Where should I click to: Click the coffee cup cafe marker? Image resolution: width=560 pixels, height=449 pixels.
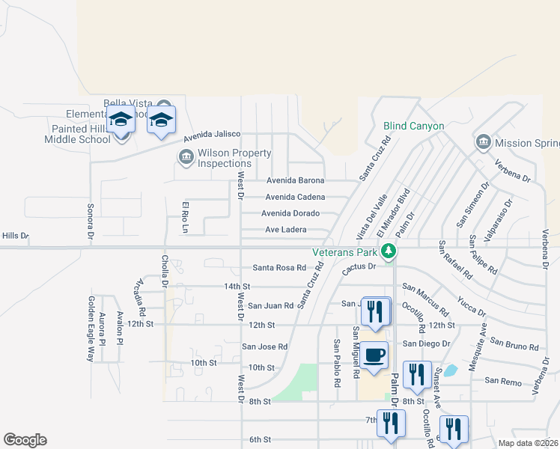pos(374,355)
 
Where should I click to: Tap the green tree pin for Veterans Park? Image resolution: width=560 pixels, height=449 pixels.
pos(388,251)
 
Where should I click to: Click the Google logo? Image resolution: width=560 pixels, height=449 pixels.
pos(25,440)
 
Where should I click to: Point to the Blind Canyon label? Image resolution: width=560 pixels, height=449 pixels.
pos(413,126)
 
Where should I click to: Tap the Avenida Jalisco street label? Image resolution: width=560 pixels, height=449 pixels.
pos(213,135)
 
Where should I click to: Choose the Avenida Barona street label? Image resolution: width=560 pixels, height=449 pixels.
pos(296,180)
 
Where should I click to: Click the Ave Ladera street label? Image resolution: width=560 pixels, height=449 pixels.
pos(285,230)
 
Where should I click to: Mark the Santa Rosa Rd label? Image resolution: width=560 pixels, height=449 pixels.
pos(279,267)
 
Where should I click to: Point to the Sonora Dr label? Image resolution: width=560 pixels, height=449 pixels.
pos(90,220)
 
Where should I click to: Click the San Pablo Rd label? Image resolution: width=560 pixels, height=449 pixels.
pos(338,363)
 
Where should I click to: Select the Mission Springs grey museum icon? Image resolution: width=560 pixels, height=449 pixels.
pos(482,141)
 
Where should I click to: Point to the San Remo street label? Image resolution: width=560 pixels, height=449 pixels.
pos(502,381)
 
